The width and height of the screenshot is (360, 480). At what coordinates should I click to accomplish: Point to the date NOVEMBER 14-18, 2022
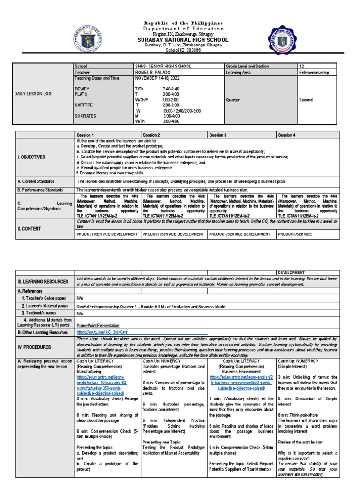tap(155, 78)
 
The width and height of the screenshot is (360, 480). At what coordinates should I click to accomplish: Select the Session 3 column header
tap(218, 135)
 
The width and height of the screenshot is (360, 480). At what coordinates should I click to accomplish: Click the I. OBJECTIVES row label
tap(32, 157)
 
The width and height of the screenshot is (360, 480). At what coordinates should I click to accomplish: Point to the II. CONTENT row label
tap(30, 229)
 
